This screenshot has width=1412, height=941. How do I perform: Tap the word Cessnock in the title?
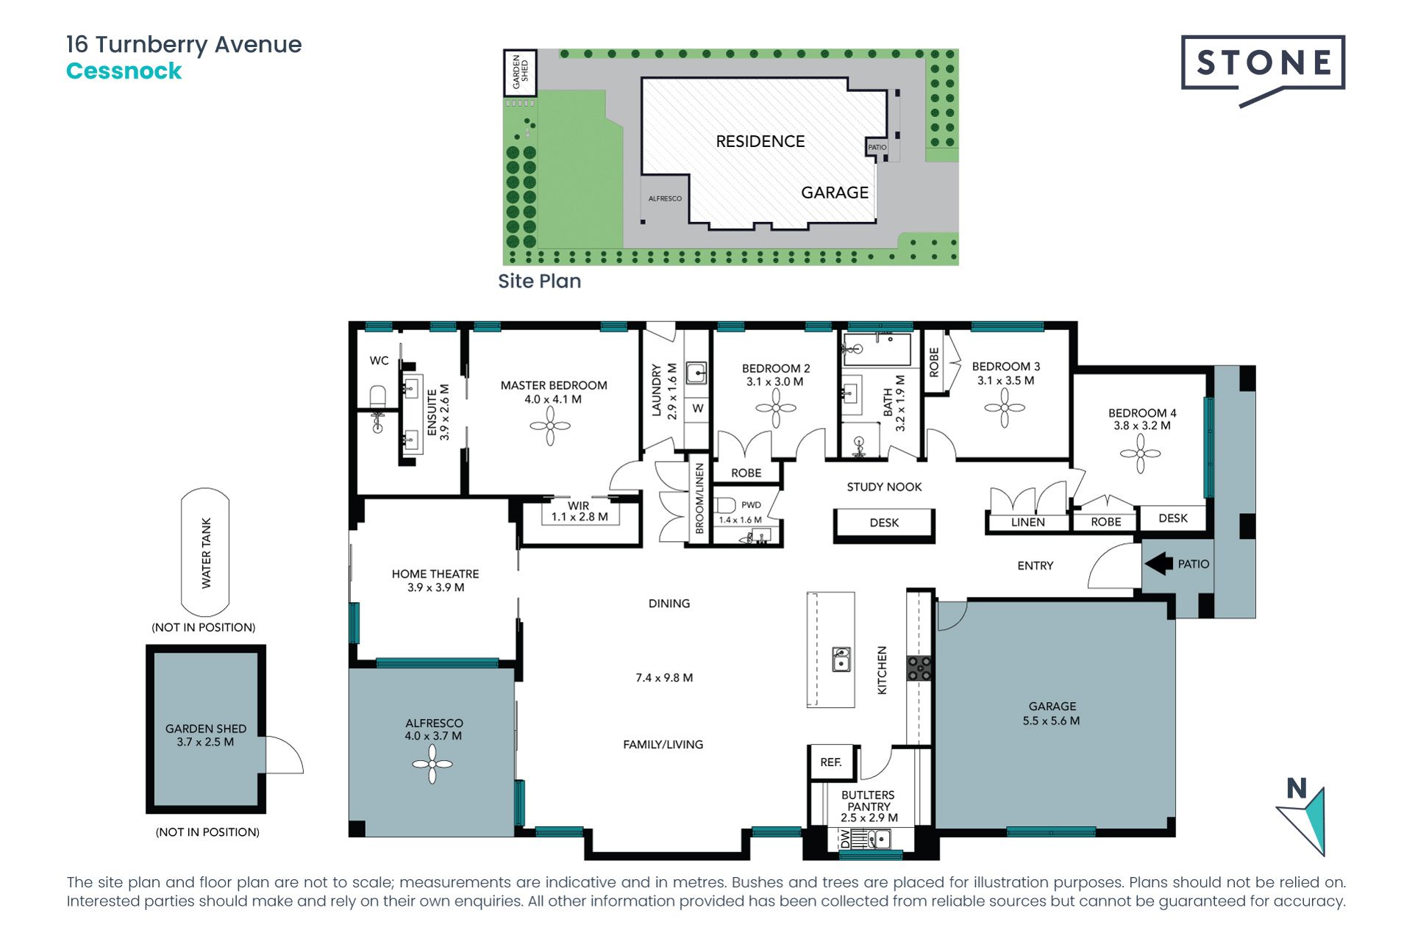tap(124, 71)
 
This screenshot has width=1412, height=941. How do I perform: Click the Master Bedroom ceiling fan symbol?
tap(550, 426)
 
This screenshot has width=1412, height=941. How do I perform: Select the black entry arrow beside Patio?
tap(1159, 564)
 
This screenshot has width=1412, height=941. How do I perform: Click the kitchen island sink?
tap(841, 659)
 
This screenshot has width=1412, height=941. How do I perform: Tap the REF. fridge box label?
tap(831, 762)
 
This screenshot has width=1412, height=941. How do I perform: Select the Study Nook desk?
tap(884, 523)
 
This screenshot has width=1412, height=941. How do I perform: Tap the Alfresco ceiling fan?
tap(432, 764)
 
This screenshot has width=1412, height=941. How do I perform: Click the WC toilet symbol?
tap(377, 396)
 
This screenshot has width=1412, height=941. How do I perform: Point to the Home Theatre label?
tap(435, 573)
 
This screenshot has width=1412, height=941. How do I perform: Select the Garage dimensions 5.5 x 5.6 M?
tap(1051, 721)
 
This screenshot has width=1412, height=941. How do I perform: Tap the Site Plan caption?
tap(539, 282)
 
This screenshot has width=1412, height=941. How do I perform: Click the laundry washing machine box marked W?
tap(697, 409)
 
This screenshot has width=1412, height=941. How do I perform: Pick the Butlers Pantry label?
tap(869, 801)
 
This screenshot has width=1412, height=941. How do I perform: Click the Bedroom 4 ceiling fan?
tap(1140, 454)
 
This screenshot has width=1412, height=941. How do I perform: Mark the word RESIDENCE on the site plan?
tap(760, 141)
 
